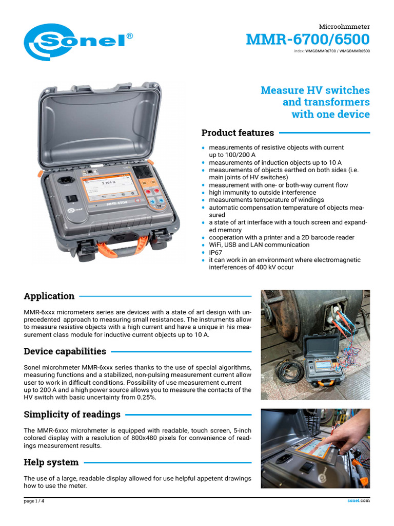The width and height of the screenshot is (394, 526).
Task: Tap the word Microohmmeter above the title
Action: coord(344,26)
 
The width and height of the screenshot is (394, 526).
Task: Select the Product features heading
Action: coord(238,133)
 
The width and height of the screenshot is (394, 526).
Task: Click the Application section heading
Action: coord(49,296)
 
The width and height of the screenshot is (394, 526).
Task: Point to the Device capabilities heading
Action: coord(65,351)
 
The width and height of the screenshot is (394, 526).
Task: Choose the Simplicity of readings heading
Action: coord(72,414)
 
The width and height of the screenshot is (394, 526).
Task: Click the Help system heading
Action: coord(51,462)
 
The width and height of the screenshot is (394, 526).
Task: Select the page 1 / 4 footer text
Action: coord(34,501)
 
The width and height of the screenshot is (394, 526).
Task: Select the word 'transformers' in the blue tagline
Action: coord(326,102)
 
